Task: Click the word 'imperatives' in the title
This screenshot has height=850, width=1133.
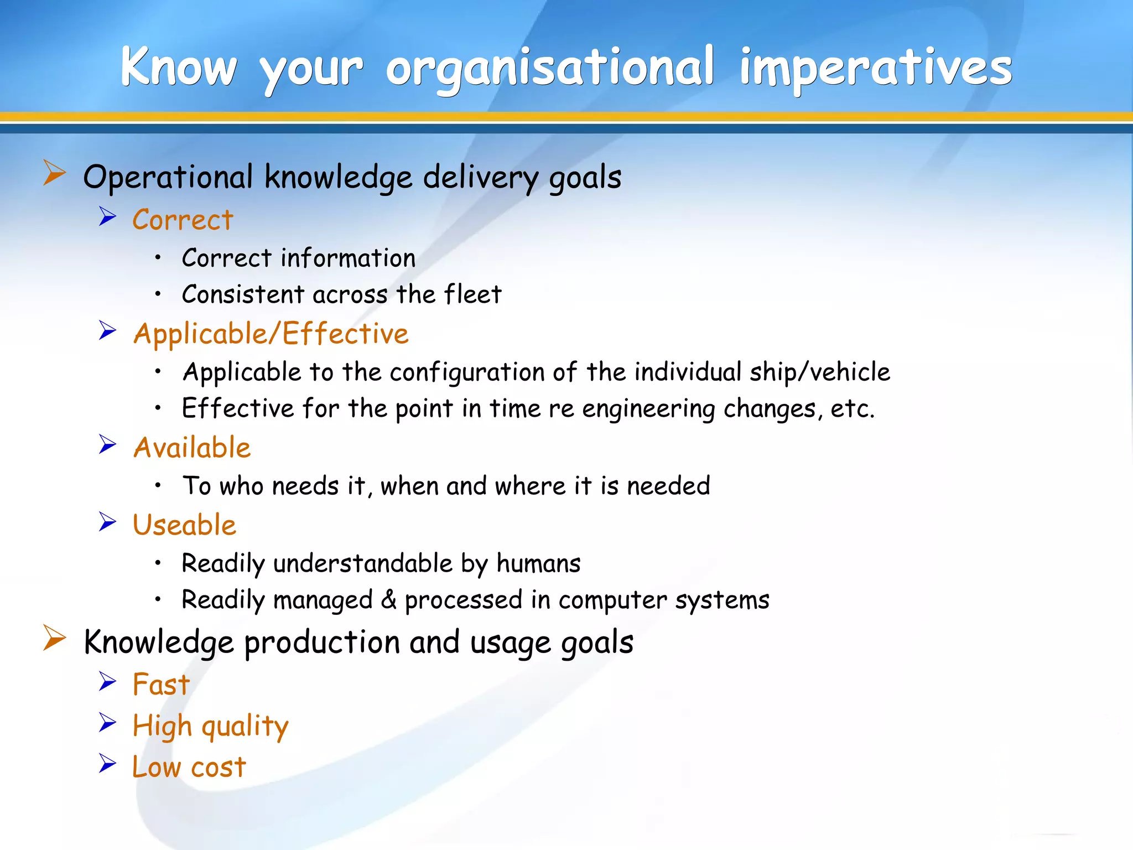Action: pyautogui.click(x=876, y=68)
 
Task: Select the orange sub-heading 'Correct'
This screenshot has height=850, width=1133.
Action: pyautogui.click(x=183, y=220)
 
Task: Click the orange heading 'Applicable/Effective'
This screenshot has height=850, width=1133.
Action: pyautogui.click(x=271, y=334)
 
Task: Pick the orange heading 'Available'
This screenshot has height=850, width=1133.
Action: pyautogui.click(x=192, y=448)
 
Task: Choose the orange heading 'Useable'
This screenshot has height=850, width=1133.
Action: pyautogui.click(x=184, y=525)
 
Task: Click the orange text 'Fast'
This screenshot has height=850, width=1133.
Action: pyautogui.click(x=161, y=685)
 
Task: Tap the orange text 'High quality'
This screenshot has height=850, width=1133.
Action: pyautogui.click(x=210, y=726)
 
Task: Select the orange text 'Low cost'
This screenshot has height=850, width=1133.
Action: pyautogui.click(x=189, y=768)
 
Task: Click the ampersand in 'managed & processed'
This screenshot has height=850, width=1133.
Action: pyautogui.click(x=389, y=600)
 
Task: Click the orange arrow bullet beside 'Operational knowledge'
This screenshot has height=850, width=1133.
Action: pyautogui.click(x=54, y=173)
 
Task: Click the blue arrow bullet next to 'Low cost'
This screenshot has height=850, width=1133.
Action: pyautogui.click(x=107, y=764)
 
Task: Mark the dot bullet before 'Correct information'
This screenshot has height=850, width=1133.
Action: pyautogui.click(x=158, y=257)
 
